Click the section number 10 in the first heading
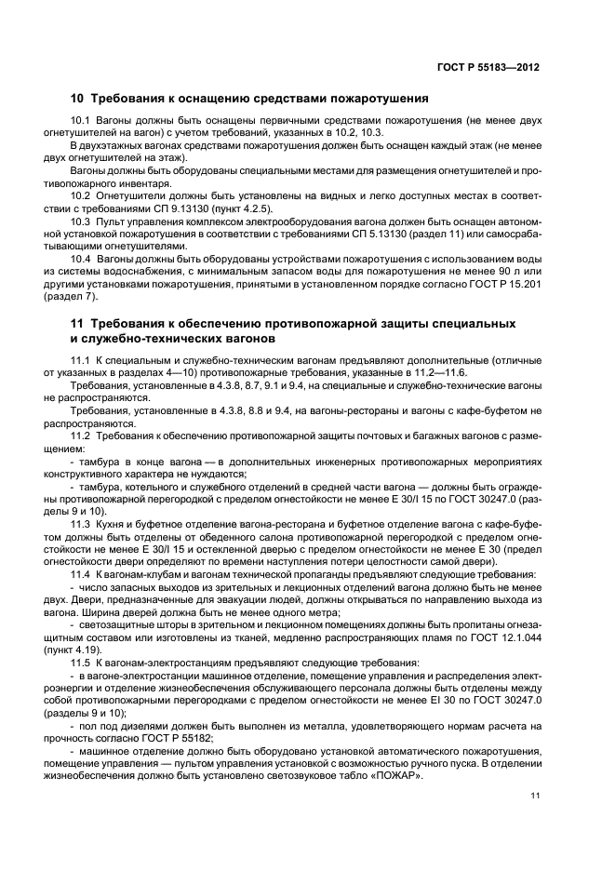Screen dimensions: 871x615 pos(78,98)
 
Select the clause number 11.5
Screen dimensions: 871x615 pos(82,662)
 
